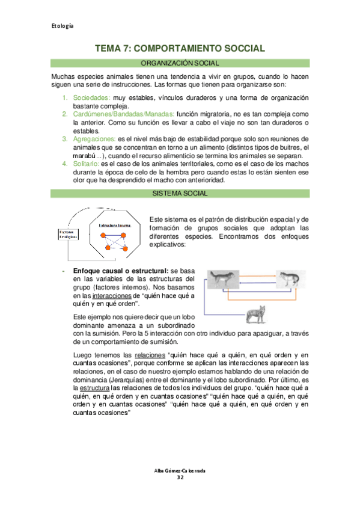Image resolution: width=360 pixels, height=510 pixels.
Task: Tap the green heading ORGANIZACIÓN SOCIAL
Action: tap(180, 63)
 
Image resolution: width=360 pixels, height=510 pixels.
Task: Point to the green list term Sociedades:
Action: tap(91, 97)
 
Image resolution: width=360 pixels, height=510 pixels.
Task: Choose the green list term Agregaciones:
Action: tap(94, 139)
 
